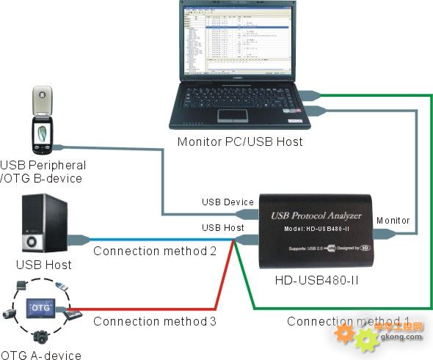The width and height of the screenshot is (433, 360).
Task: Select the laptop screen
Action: tap(239, 40)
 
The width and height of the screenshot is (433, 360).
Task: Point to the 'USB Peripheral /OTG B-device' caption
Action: tap(43, 172)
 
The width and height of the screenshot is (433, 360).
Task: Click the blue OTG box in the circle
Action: tap(40, 304)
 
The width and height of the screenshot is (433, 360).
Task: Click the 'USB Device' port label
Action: tap(228, 202)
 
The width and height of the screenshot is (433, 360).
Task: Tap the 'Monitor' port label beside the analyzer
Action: tap(393, 220)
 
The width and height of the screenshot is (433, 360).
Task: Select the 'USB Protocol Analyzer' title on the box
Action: tap(317, 215)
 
